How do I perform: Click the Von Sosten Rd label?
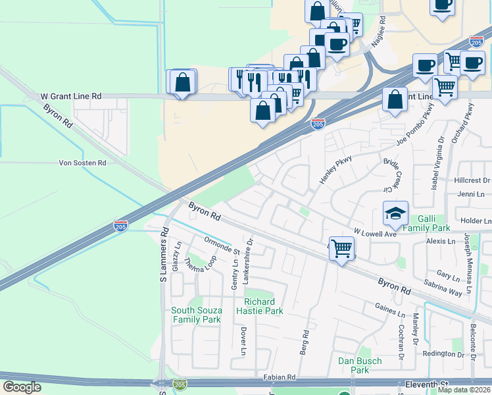tap(82, 163)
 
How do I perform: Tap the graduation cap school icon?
tap(395, 214)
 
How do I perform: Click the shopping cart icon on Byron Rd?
tap(341, 249)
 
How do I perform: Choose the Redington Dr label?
tap(444, 354)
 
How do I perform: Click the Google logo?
tap(22, 386)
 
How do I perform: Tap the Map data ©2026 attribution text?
tap(464, 390)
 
